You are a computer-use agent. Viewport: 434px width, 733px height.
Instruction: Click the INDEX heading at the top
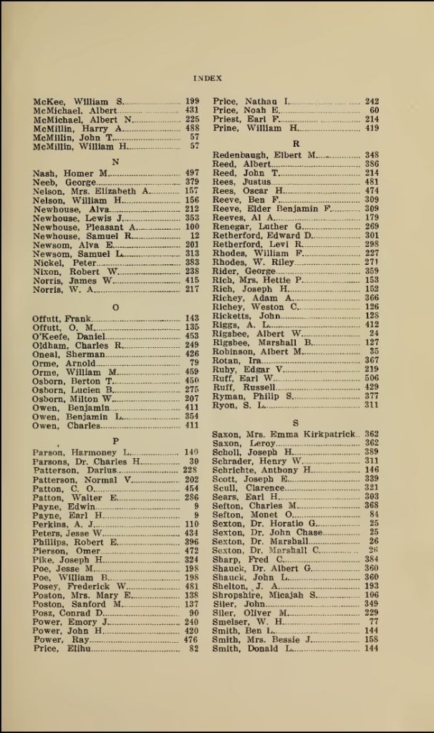point(208,78)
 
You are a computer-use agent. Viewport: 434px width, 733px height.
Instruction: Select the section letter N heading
point(116,162)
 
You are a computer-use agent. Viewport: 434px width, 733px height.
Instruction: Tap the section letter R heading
point(296,143)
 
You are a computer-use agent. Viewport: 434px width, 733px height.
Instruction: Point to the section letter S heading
point(296,423)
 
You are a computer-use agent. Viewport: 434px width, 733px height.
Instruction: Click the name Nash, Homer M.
point(70,174)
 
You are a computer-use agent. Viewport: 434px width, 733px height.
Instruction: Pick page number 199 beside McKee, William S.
point(192,102)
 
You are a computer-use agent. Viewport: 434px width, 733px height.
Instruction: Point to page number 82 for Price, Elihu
point(193,649)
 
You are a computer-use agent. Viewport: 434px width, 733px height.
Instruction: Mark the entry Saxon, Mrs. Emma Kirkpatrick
point(284,435)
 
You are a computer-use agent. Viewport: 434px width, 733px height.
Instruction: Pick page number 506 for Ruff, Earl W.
point(371,378)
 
